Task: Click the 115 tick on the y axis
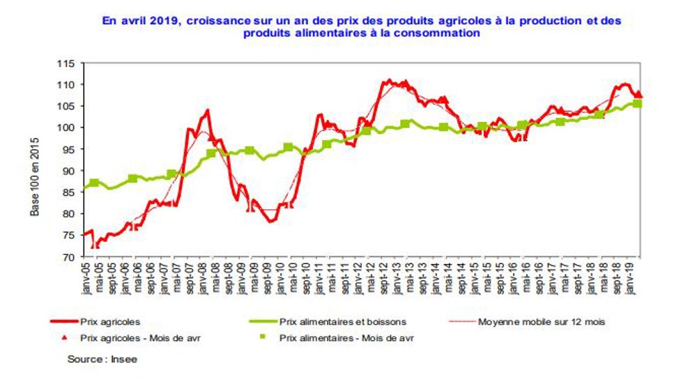pos(68,63)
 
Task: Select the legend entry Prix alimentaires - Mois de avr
pos(342,338)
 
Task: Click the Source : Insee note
pos(102,359)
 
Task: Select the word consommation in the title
pos(439,33)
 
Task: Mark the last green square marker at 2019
pos(636,104)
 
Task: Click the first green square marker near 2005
pos(94,183)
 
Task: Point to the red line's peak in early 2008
pos(208,110)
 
